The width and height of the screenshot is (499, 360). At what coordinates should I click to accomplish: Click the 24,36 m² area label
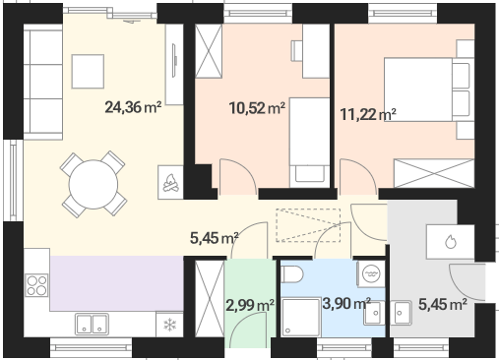(133, 107)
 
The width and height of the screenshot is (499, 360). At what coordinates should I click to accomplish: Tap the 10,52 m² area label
(257, 108)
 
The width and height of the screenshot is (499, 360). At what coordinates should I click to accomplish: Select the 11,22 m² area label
(368, 114)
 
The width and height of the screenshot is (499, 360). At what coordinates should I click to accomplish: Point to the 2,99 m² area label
(250, 305)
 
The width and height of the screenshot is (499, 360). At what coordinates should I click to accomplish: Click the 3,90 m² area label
(346, 303)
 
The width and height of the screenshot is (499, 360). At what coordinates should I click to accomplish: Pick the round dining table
(94, 184)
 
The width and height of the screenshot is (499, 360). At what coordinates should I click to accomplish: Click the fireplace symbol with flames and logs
(170, 182)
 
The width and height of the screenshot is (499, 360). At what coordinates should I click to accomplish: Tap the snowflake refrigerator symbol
(169, 325)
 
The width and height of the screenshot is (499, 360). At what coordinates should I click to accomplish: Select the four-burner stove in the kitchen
(36, 285)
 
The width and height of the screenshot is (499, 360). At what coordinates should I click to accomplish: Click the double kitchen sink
(92, 325)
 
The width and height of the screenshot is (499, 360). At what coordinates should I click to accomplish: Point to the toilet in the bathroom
(292, 274)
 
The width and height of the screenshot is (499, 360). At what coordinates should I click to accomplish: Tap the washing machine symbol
(371, 273)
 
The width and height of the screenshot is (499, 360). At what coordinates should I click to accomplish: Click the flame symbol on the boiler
(451, 242)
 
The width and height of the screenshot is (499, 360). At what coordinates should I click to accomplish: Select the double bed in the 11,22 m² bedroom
(429, 90)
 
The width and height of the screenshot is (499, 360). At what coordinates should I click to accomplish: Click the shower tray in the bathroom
(301, 317)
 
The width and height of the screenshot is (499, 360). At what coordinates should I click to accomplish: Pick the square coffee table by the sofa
(88, 72)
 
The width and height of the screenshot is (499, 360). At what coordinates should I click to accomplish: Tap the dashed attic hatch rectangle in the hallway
(308, 225)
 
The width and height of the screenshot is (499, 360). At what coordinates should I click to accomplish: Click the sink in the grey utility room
(401, 313)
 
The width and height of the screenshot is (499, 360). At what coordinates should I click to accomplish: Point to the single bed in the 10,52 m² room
(309, 143)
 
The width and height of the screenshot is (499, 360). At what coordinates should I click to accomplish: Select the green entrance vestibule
(250, 303)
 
